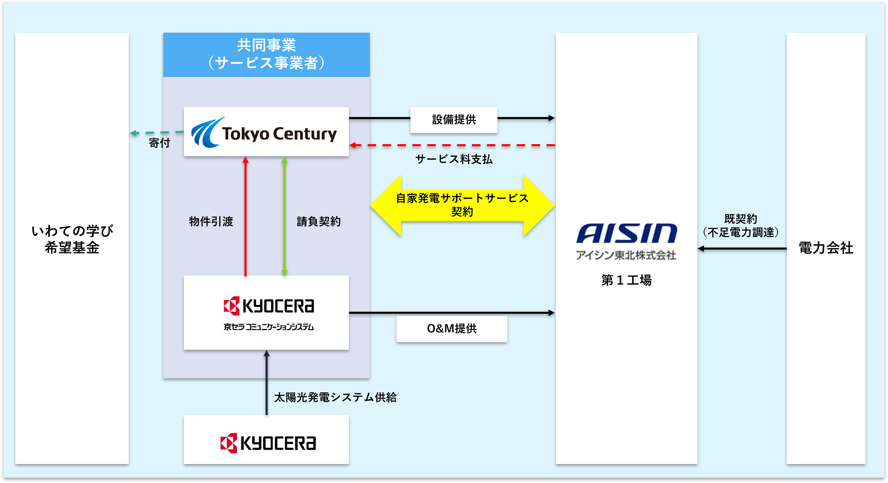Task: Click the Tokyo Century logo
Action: tap(264, 133)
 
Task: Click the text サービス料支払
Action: tap(454, 159)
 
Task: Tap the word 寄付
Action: tap(159, 143)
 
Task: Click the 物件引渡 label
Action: tap(211, 221)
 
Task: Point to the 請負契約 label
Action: tap(319, 221)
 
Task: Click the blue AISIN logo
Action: tap(626, 233)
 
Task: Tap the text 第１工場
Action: tap(626, 280)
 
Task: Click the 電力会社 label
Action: tap(826, 248)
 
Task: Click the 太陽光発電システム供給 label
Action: tap(335, 397)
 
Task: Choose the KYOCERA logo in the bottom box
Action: tap(268, 443)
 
